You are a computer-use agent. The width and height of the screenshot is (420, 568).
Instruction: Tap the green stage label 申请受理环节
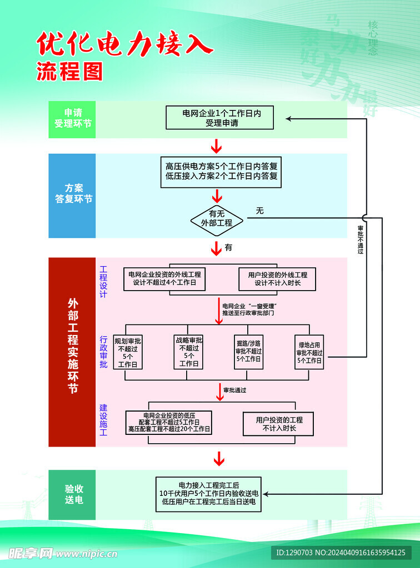[x=72, y=119]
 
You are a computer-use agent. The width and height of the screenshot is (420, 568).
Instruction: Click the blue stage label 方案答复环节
[x=72, y=194]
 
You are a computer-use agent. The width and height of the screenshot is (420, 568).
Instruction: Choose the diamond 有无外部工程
[x=217, y=218]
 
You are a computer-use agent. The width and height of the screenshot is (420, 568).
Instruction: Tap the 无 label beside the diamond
[x=259, y=211]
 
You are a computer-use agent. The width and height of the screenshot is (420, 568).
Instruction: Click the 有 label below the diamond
[x=228, y=247]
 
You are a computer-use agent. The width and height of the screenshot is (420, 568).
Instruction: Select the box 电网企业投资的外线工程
[x=164, y=278]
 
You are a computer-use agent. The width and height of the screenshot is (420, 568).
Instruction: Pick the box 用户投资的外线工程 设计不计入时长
[x=277, y=278]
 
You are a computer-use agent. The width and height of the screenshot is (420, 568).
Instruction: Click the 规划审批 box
[x=128, y=352]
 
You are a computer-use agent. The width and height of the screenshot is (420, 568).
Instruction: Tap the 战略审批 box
[x=188, y=352]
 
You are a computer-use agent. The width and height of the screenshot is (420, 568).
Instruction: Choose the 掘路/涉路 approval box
[x=248, y=352]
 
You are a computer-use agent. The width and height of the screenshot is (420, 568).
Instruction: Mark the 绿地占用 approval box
[x=309, y=352]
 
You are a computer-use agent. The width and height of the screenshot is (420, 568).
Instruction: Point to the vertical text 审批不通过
[x=361, y=240]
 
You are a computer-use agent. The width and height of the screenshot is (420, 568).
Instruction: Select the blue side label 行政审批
[x=104, y=352]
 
